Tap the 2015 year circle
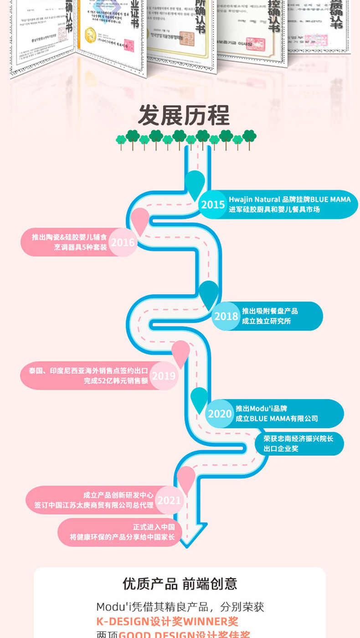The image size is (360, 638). pos(213,205)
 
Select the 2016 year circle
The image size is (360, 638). pos(123,242)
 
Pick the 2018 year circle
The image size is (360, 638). pos(226,316)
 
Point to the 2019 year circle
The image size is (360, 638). pos(164,376)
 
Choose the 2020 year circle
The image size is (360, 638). pos(220,413)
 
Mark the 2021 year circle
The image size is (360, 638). pos(169,500)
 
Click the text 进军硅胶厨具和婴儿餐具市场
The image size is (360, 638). pos(274,210)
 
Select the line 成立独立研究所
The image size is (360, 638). pos(266,321)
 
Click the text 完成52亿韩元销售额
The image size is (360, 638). pos(116,381)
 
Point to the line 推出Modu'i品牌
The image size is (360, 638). pos(261,408)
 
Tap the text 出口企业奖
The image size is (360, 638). pos(281,448)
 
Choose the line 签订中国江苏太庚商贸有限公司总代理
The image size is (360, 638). pos(94,505)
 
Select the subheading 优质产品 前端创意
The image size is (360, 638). pos(180,584)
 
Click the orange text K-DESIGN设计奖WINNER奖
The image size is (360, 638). pos(167,621)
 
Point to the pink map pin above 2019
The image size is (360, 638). pos(181,352)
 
